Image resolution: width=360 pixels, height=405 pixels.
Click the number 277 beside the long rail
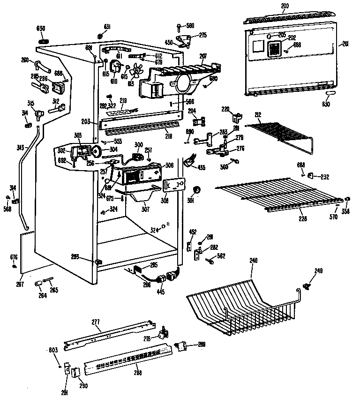pyautogui.click(x=96, y=323)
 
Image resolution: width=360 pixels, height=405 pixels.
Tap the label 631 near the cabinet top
pyautogui.click(x=107, y=26)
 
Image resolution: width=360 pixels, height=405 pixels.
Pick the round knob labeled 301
pyautogui.click(x=197, y=190)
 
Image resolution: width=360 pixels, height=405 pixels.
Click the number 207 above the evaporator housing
pyautogui.click(x=202, y=56)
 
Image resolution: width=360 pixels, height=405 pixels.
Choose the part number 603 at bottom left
pyautogui.click(x=53, y=350)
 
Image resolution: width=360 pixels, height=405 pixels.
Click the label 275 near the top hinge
pyautogui.click(x=202, y=35)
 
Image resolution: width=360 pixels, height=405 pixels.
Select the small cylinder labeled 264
pyautogui.click(x=39, y=284)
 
